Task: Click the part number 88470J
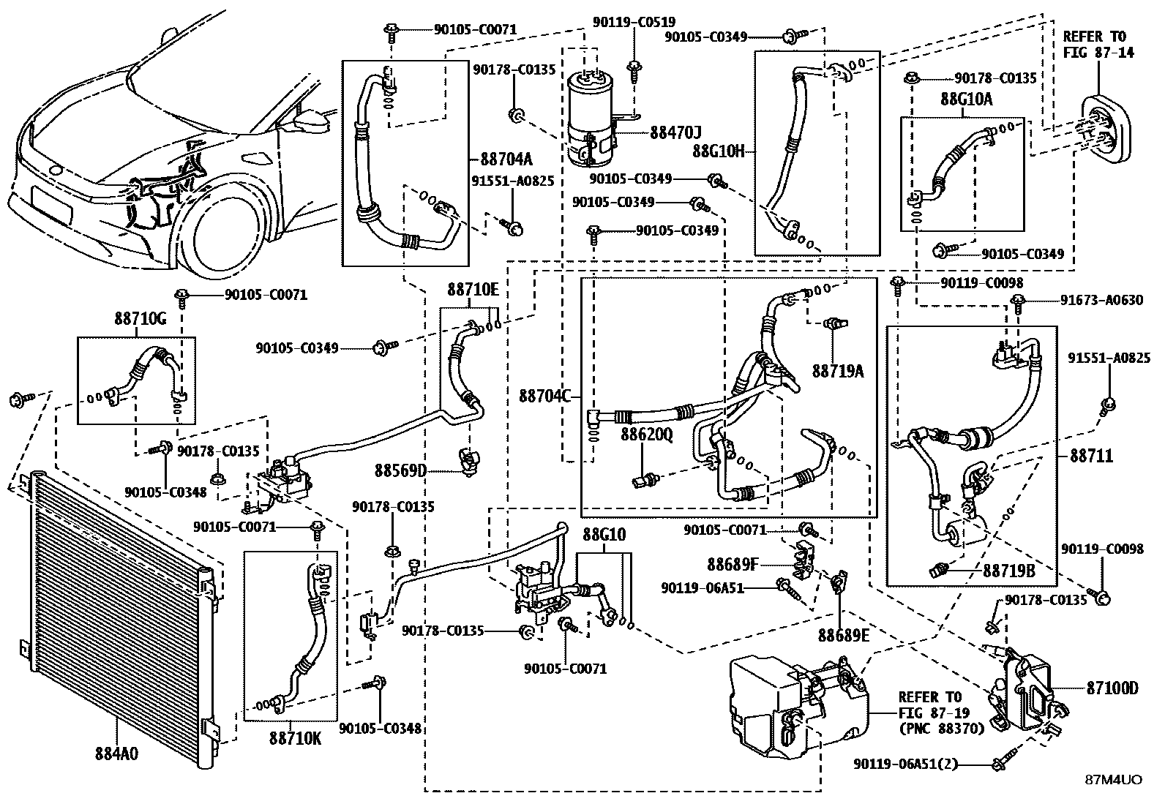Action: (x=675, y=132)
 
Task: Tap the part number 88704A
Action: (x=506, y=159)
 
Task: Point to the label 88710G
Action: (x=141, y=319)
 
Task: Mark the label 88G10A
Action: (x=966, y=99)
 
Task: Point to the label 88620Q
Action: (x=646, y=435)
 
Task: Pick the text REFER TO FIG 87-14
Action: (x=1095, y=44)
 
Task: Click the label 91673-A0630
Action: (x=1101, y=300)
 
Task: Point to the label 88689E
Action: (x=844, y=635)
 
